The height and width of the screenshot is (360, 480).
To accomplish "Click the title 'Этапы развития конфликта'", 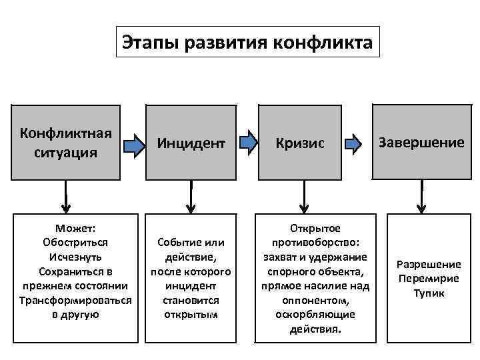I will (x=247, y=43).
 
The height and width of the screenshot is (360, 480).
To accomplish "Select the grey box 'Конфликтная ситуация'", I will (x=66, y=141).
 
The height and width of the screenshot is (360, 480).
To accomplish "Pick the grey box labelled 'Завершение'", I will (x=421, y=142).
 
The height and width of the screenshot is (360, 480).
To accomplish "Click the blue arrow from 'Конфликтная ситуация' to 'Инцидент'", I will (x=136, y=143).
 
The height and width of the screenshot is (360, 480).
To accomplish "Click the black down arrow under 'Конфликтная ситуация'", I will (x=66, y=195).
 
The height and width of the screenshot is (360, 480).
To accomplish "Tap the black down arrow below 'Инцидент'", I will (x=191, y=195).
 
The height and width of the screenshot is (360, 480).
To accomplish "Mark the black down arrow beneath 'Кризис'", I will (x=304, y=195).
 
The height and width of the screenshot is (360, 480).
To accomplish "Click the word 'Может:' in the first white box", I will (x=75, y=228).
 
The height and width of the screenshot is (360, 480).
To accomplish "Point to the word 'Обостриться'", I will (x=75, y=243).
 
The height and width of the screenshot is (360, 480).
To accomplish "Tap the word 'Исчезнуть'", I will (x=75, y=257).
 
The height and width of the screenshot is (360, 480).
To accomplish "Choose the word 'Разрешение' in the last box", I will (x=429, y=265).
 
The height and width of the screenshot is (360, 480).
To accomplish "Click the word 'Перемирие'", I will (x=429, y=279).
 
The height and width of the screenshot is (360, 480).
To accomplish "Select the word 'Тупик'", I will (x=429, y=293).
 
